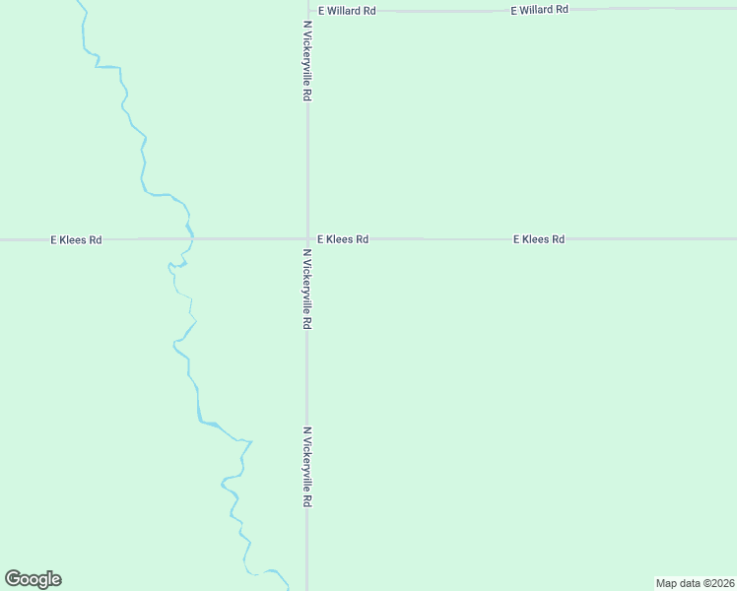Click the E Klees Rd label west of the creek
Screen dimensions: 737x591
(76, 239)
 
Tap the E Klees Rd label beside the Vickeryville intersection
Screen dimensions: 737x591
(343, 239)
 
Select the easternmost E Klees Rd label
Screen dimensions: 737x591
(538, 239)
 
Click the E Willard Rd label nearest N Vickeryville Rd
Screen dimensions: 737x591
(347, 11)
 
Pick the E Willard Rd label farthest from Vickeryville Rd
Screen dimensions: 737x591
(539, 10)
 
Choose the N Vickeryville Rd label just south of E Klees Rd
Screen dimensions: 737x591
(307, 290)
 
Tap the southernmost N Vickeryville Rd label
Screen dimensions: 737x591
(307, 467)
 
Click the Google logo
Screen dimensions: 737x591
(33, 579)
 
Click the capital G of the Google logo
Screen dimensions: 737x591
(13, 578)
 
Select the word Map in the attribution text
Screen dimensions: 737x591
(667, 583)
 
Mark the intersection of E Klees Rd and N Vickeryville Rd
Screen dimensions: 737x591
(307, 238)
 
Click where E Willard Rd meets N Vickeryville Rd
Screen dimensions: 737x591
(307, 10)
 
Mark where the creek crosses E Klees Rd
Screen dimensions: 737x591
(190, 238)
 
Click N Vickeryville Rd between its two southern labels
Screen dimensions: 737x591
(307, 379)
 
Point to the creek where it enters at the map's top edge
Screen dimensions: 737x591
(79, 3)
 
